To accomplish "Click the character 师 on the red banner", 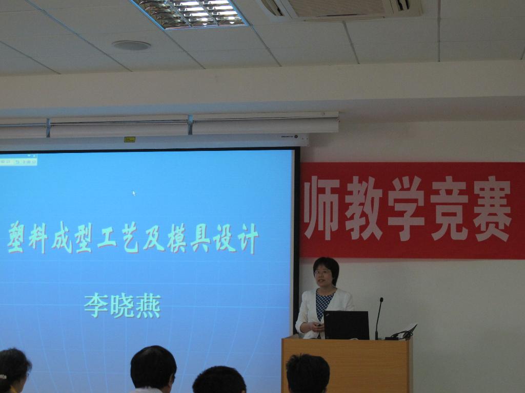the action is click(x=321, y=208).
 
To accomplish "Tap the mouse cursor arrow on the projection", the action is click(x=134, y=193).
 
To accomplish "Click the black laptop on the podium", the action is click(x=347, y=325).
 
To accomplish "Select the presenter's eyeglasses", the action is click(x=322, y=272).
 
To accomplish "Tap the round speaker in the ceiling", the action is click(x=131, y=45).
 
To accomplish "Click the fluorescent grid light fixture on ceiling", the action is click(x=190, y=13).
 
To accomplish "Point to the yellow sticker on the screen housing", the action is click(x=130, y=139).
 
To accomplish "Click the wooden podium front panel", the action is click(x=346, y=365).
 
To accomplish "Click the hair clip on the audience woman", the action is click(x=3, y=377).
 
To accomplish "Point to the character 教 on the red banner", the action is click(x=364, y=209).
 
